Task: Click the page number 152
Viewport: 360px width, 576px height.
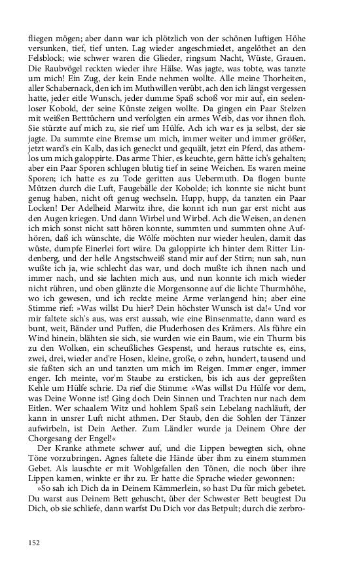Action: point(34,542)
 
